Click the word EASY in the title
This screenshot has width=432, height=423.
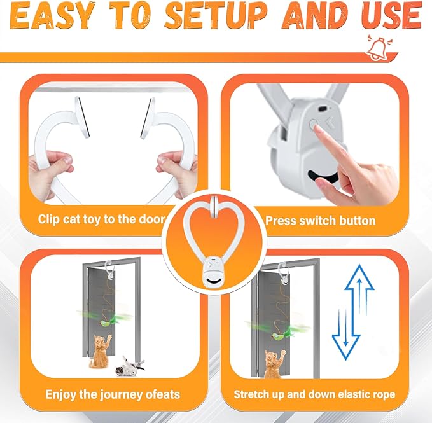pos(52,16)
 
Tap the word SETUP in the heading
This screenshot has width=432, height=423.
pos(216,15)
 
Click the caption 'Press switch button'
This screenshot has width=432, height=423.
pos(321,221)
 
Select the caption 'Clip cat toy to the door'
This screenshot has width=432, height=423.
pos(101,219)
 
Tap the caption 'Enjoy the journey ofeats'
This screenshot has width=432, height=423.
pos(113,394)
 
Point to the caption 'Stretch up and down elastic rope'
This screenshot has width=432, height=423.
pos(314,394)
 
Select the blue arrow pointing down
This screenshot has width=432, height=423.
pos(346,334)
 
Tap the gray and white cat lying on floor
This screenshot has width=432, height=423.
pos(130,366)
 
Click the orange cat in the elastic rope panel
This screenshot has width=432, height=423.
pos(275,363)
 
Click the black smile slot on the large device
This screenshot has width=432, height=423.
pos(323,177)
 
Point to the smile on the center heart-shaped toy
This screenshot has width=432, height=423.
pos(213,281)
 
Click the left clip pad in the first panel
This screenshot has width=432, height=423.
pos(82,117)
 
